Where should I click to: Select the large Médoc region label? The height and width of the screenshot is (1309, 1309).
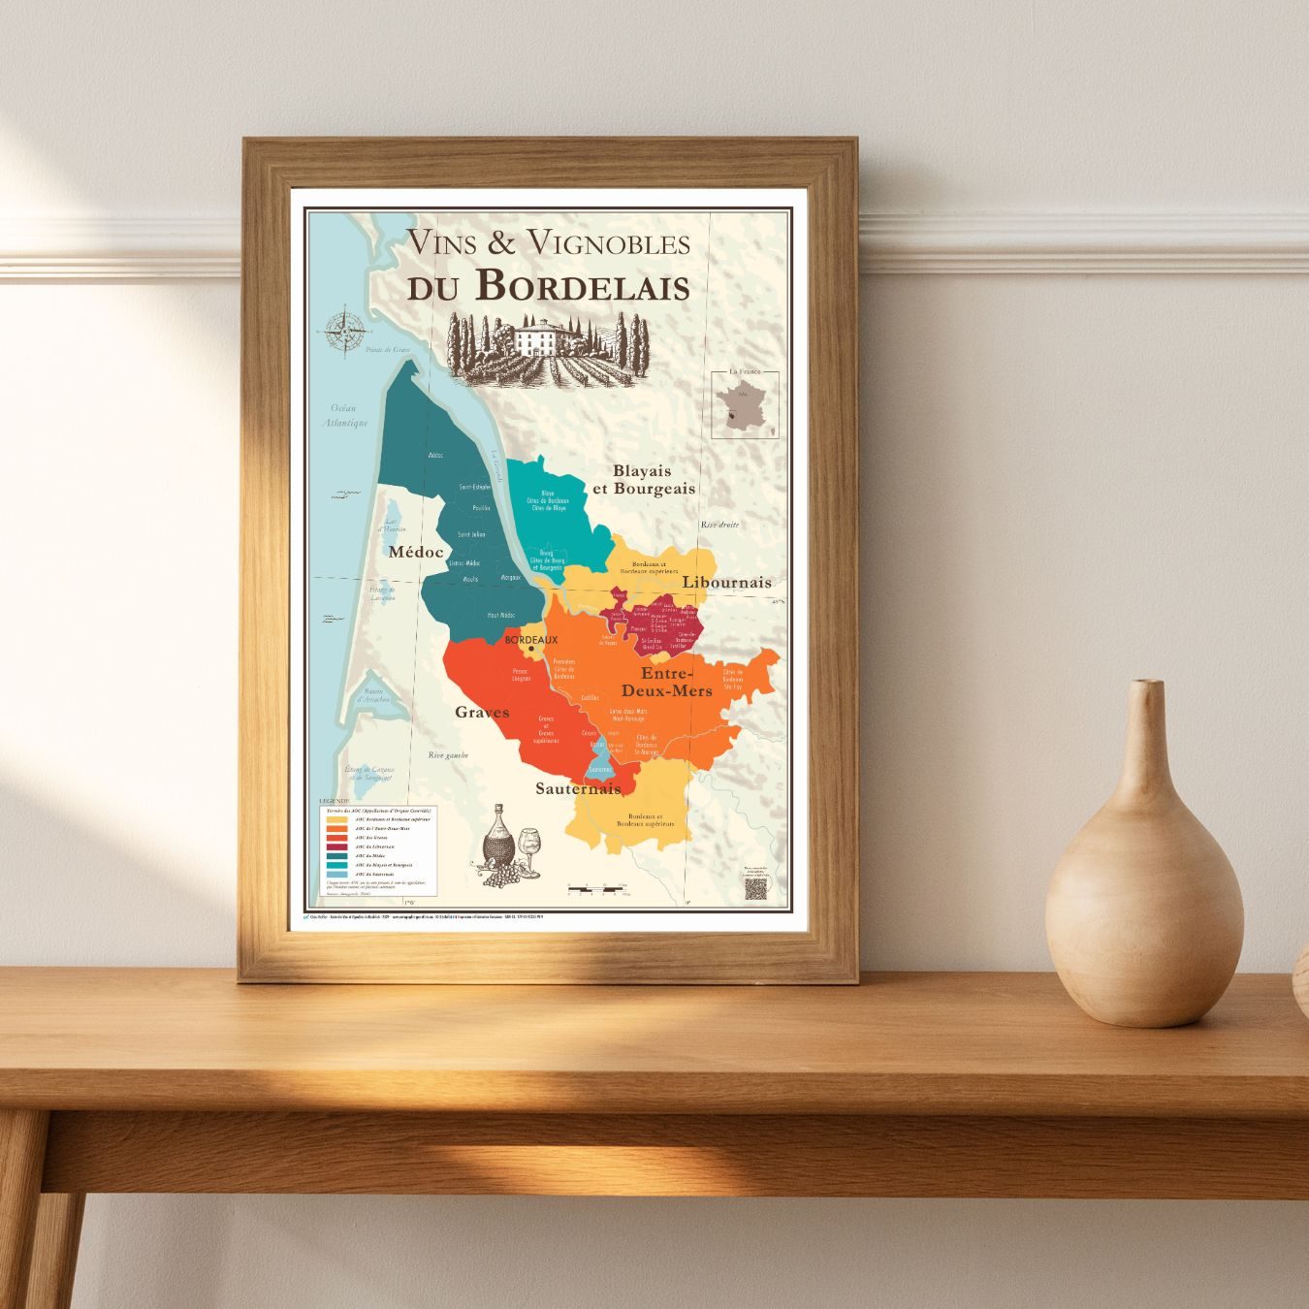pyautogui.click(x=415, y=552)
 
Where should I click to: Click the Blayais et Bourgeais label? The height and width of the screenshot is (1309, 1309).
pyautogui.click(x=644, y=480)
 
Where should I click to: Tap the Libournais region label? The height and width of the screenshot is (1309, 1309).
pyautogui.click(x=727, y=582)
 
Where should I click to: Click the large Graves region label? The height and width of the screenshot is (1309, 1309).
pyautogui.click(x=482, y=712)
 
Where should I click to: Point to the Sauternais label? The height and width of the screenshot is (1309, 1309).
pyautogui.click(x=578, y=788)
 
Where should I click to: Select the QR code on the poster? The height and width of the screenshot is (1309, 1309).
pyautogui.click(x=755, y=890)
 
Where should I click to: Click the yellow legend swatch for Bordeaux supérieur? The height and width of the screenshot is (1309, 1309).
pyautogui.click(x=336, y=819)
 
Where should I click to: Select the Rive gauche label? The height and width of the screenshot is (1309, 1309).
pyautogui.click(x=448, y=754)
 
